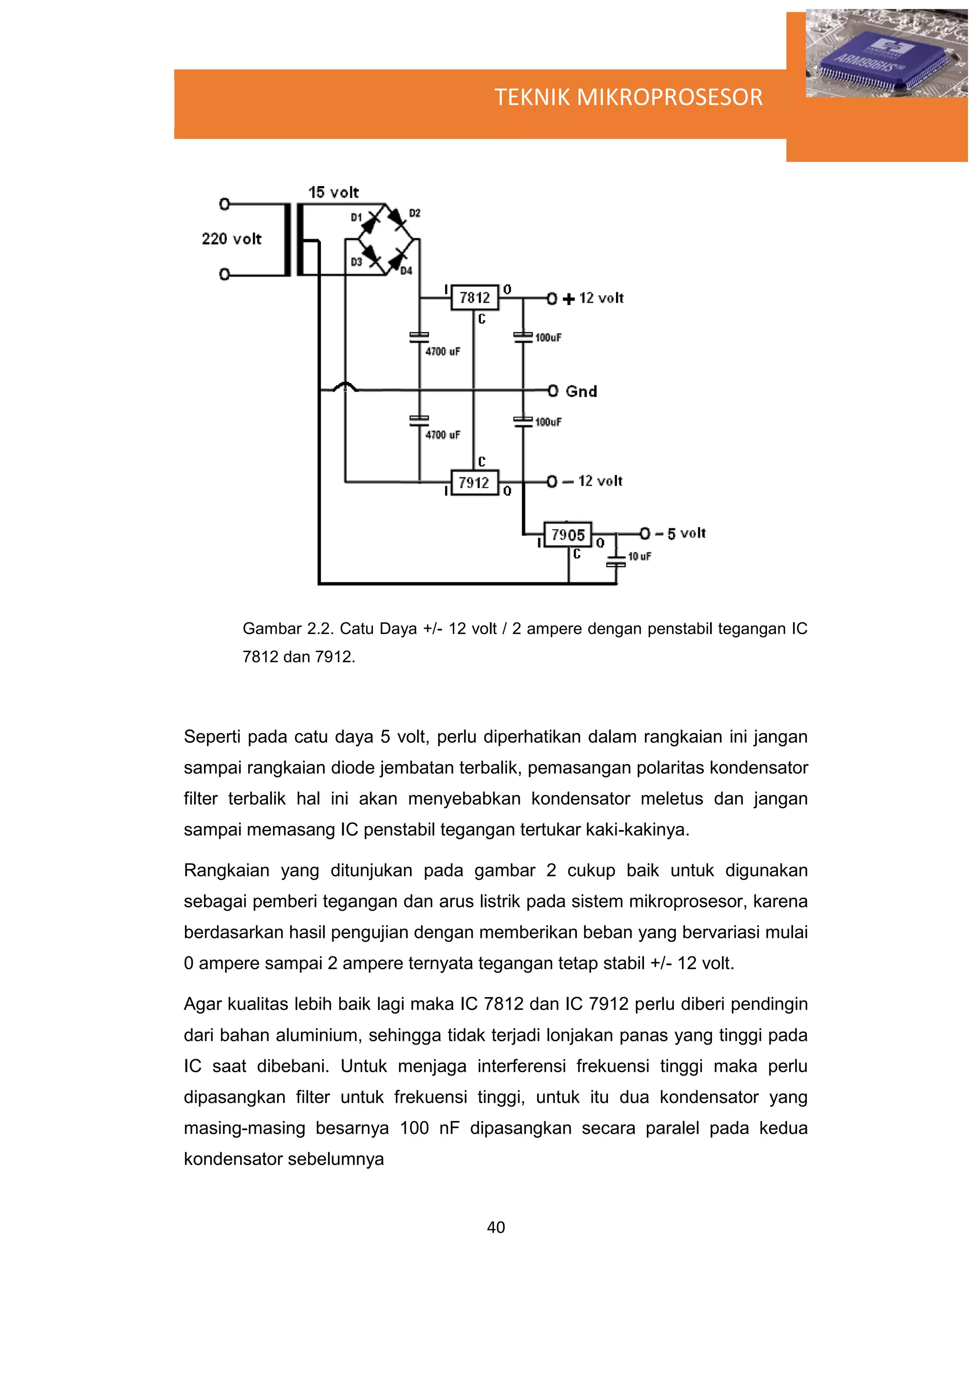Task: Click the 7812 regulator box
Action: (x=474, y=298)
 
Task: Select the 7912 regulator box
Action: (x=474, y=482)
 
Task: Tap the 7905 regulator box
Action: (x=567, y=534)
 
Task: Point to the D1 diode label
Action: (x=356, y=217)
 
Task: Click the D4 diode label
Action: (x=406, y=271)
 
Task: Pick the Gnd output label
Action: (x=581, y=392)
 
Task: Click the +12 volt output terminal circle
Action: (x=552, y=298)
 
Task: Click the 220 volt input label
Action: (x=231, y=239)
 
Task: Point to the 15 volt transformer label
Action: (x=334, y=192)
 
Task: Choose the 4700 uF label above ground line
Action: (x=443, y=352)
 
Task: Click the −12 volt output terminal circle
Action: (x=552, y=481)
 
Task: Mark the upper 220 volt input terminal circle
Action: (x=224, y=204)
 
